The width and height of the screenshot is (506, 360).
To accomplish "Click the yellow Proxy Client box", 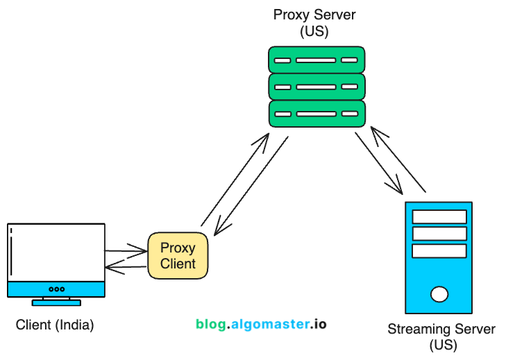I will [x=178, y=255].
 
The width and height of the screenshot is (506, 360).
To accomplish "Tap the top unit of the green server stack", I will [x=317, y=60].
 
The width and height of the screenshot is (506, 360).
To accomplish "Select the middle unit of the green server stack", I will [x=317, y=87].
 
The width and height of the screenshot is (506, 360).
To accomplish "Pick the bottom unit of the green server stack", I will [x=317, y=114].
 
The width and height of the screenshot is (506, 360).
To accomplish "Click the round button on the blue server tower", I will [x=439, y=294].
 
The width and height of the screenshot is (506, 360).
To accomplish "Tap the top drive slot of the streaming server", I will [x=439, y=216].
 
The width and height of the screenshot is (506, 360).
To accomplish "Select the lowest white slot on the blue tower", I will [x=439, y=250].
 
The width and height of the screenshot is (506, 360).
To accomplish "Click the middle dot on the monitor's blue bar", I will [x=56, y=289].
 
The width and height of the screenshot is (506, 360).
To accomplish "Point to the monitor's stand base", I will [x=56, y=302].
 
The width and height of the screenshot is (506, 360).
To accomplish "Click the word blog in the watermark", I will [x=210, y=324].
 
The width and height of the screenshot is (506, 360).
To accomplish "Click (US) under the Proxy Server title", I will [x=314, y=32].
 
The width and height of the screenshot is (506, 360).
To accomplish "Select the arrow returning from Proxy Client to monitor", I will [x=125, y=266].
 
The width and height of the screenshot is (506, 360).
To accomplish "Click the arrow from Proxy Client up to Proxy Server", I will [x=233, y=180].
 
